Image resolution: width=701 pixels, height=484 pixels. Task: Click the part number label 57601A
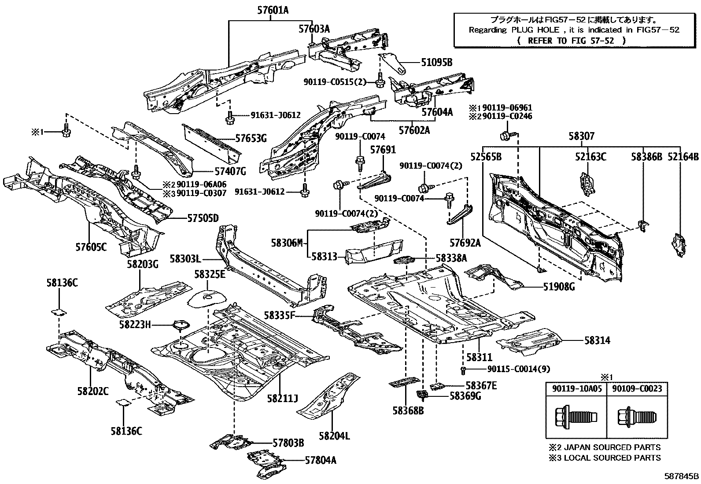267,10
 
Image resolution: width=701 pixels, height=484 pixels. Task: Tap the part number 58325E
210,274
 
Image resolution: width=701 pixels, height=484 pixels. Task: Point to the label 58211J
282,399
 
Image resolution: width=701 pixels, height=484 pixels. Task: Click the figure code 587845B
682,476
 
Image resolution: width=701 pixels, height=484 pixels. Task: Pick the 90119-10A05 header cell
576,389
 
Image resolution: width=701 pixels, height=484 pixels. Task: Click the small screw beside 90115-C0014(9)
463,369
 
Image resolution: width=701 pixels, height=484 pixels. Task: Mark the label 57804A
320,460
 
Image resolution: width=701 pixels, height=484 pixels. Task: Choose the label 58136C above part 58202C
62,283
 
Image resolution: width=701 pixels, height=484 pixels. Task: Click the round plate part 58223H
181,326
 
